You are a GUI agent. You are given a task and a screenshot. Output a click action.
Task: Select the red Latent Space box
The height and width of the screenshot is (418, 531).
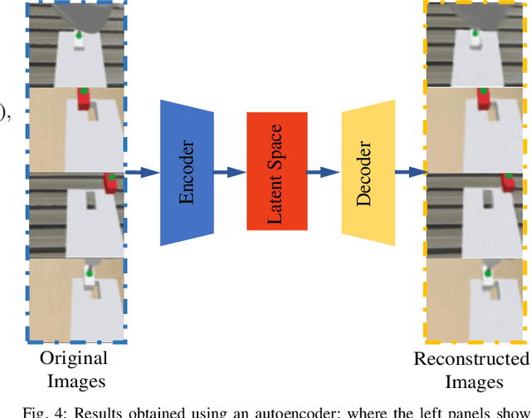coord(277,171)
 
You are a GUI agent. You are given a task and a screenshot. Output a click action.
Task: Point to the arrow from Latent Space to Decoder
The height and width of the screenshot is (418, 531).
coord(324,172)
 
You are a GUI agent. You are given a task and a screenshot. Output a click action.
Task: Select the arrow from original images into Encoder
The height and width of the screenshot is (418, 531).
coord(141,172)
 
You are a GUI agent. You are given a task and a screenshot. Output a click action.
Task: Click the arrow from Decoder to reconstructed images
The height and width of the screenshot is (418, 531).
coord(411,172)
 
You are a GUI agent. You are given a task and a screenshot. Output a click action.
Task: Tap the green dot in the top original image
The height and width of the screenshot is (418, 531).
coord(78,36)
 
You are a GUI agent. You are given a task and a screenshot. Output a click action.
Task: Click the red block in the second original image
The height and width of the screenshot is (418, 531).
coord(84,99)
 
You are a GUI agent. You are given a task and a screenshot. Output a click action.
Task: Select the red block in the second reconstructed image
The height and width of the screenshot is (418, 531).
coord(483,101)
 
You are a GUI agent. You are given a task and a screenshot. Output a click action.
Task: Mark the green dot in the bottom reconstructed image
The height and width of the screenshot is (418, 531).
coord(487,273)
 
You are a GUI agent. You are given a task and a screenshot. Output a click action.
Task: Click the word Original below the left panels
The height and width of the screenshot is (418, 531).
coord(75,359)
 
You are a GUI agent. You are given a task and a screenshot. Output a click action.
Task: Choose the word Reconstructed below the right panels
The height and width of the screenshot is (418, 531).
coord(471,359)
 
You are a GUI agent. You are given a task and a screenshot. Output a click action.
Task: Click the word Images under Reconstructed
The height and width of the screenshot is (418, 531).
coord(474,382)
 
